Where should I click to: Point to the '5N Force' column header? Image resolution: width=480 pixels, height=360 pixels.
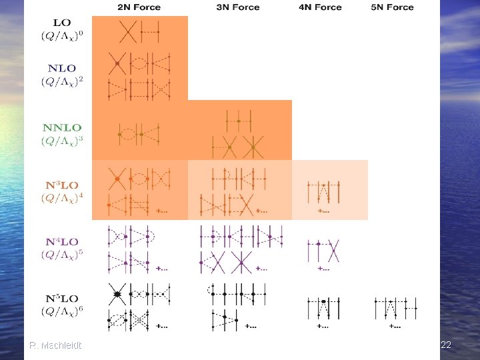(x=391, y=7)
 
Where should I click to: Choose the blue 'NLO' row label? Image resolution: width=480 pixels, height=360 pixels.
(x=61, y=68)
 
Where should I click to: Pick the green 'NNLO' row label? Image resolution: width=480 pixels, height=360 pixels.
(x=62, y=127)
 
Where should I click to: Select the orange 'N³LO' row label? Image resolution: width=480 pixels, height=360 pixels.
(x=62, y=184)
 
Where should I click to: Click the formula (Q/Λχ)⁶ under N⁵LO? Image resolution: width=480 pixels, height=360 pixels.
(x=61, y=311)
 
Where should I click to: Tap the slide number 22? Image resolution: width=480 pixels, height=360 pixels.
(x=446, y=345)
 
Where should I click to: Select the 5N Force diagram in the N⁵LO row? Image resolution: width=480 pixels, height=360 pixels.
(x=394, y=307)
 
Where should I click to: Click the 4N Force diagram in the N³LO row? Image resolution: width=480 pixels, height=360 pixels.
(x=323, y=191)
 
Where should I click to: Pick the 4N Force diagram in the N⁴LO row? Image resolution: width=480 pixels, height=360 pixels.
(x=323, y=250)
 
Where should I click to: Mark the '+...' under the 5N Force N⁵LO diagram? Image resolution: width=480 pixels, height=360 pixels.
(x=395, y=326)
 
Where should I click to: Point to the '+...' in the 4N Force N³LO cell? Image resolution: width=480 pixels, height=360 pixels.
(x=323, y=211)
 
